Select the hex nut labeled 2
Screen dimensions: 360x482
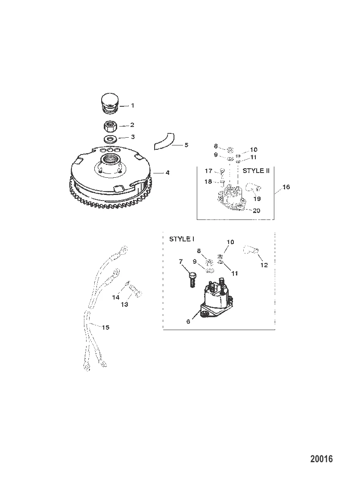click(110, 126)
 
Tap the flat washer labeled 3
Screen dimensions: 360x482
click(110, 139)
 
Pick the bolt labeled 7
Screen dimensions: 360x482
click(191, 279)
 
